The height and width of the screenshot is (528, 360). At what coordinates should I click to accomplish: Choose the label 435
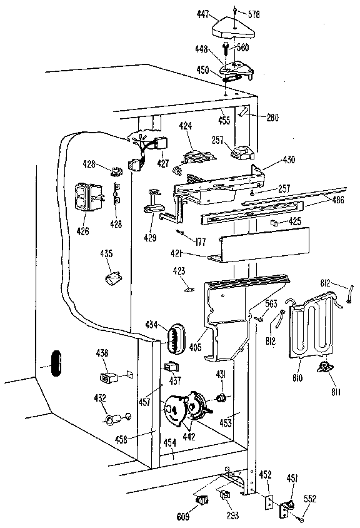coord(107,253)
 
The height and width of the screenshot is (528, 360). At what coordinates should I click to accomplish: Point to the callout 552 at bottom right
coord(310,499)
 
